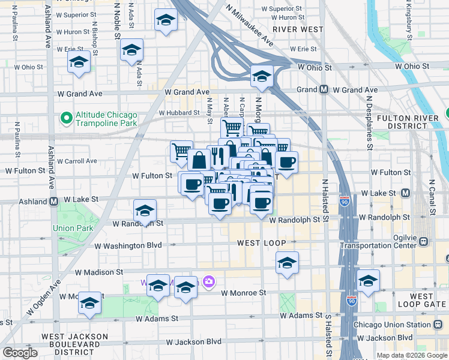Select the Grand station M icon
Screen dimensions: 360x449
click(x=324, y=90)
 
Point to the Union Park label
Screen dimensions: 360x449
click(x=72, y=228)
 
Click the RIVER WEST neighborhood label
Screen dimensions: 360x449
click(x=298, y=29)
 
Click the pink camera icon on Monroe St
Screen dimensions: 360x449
click(x=209, y=281)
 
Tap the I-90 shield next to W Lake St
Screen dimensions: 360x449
click(x=345, y=198)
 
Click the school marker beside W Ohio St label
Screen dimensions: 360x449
click(x=79, y=63)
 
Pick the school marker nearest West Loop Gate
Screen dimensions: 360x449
click(x=368, y=281)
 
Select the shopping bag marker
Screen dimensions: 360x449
click(x=199, y=160)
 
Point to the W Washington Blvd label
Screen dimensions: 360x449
click(x=128, y=245)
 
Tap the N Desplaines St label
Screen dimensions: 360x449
click(x=370, y=127)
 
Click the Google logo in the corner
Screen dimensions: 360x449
click(x=20, y=352)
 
